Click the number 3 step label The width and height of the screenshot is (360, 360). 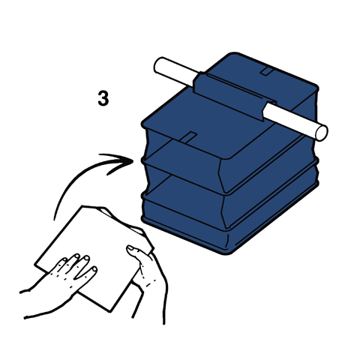(x=103, y=98)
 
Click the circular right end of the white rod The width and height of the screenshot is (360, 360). (x=322, y=133)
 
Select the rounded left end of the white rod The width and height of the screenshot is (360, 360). (x=158, y=64)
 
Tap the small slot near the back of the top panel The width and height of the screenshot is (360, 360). (x=268, y=71)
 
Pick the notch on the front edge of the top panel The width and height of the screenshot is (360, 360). (x=189, y=137)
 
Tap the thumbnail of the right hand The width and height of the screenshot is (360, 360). (x=130, y=248)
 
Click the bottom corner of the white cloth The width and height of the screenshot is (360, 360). (x=109, y=311)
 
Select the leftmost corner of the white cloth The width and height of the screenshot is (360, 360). (x=35, y=264)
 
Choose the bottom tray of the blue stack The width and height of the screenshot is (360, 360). (x=225, y=220)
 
